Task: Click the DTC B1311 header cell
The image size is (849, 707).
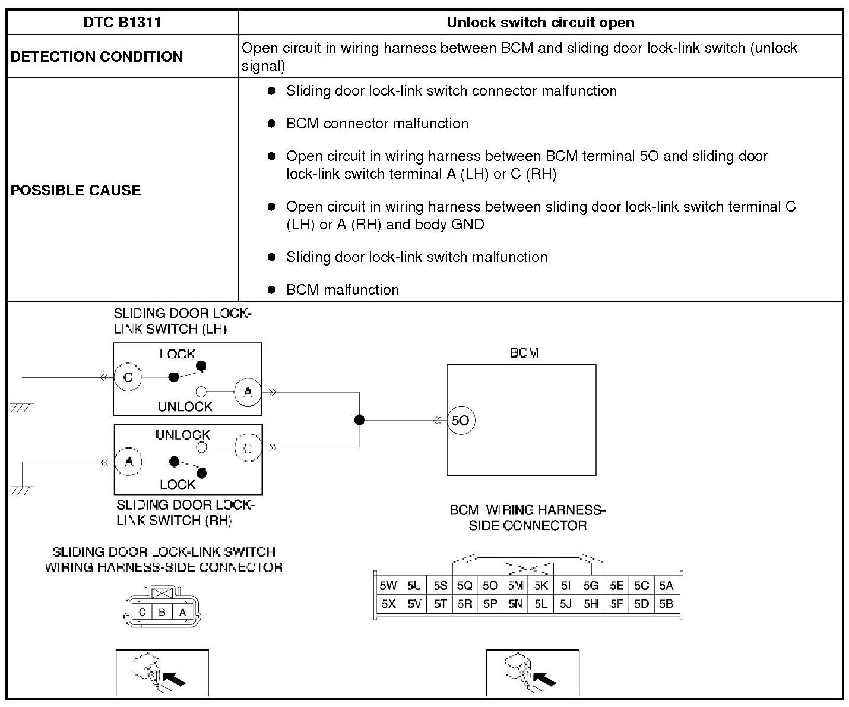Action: tap(122, 23)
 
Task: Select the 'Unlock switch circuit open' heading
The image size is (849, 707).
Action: tap(540, 23)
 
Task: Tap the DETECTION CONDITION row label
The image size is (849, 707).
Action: tap(97, 56)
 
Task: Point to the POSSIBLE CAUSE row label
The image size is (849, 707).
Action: tap(76, 190)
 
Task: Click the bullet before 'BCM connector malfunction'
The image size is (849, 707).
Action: tap(272, 124)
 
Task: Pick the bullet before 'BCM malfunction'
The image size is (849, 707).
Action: tap(272, 290)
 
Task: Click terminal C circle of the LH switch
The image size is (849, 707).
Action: tap(128, 378)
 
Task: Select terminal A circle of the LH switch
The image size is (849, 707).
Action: tap(248, 392)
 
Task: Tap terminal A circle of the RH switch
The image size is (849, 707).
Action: tap(129, 462)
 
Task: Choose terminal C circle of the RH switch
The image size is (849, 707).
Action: tap(248, 449)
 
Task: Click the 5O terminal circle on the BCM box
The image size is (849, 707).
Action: tap(461, 420)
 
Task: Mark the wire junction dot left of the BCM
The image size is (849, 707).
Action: tap(359, 420)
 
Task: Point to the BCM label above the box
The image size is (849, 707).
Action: tap(524, 353)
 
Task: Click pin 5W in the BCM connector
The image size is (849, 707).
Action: tap(388, 586)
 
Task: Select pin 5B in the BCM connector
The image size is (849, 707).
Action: tap(666, 604)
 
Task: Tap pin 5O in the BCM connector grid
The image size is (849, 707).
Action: tap(490, 586)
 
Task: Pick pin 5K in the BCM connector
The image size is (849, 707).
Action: tap(541, 586)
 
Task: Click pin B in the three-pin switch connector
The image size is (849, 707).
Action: tap(162, 612)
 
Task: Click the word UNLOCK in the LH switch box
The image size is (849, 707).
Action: tap(185, 407)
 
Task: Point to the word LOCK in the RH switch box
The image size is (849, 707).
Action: tap(178, 485)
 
